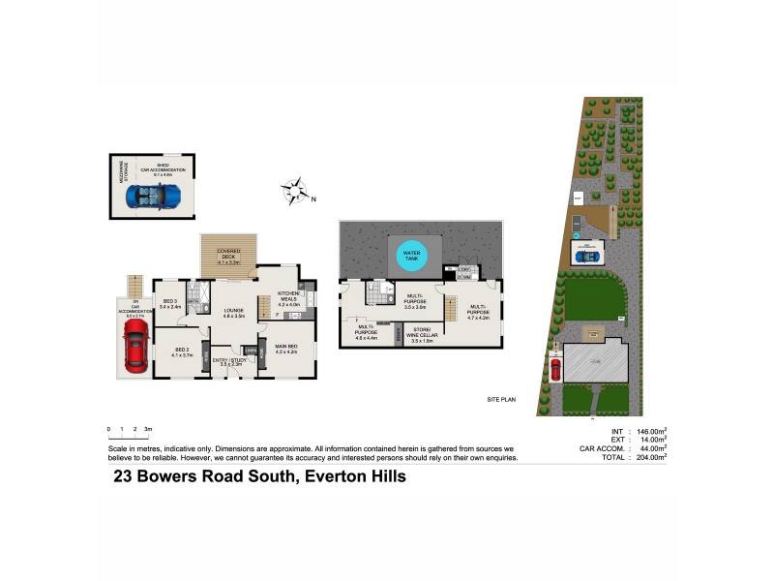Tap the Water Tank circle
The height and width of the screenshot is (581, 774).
[411, 257]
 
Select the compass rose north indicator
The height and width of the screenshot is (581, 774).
[298, 191]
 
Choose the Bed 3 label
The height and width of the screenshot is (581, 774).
[169, 303]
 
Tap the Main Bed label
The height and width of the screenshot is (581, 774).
[285, 349]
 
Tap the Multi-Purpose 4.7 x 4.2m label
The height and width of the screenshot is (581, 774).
[479, 312]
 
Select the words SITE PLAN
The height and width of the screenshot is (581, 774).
[503, 399]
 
